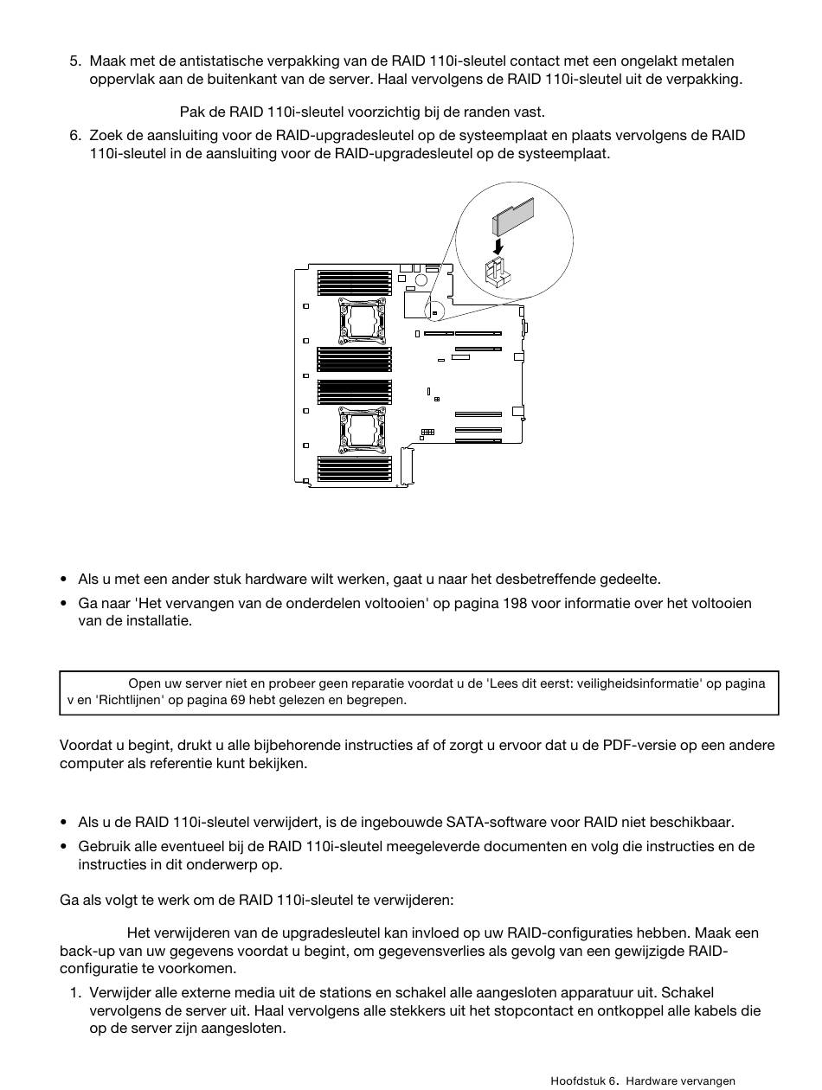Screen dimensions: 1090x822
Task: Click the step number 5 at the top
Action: (x=74, y=61)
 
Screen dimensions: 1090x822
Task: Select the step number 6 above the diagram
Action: (x=74, y=136)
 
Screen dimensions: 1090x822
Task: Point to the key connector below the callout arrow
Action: (x=498, y=272)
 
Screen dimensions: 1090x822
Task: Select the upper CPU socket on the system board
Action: (x=356, y=320)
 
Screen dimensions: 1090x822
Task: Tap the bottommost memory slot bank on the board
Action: (x=355, y=468)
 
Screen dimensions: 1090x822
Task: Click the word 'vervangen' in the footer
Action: (x=706, y=1080)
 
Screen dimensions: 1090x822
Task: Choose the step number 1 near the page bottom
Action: (x=74, y=992)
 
